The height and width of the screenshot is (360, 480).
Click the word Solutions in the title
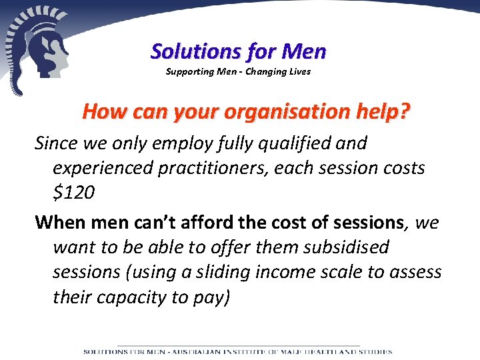[x=189, y=51]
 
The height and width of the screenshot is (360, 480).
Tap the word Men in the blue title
[x=304, y=51]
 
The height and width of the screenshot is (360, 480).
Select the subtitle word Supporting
[x=189, y=71]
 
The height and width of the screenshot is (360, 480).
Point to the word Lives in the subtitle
[x=299, y=71]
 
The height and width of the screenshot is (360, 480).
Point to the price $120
[x=73, y=193]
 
